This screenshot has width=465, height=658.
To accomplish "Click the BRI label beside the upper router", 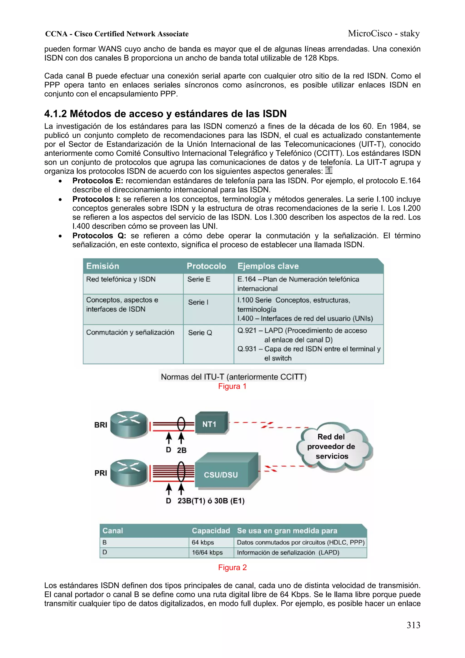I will point(101,425).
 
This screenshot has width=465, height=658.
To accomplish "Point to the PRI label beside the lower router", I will point(101,473).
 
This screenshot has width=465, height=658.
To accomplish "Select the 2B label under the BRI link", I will point(182,450).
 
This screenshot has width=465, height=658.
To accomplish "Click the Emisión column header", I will point(103,266).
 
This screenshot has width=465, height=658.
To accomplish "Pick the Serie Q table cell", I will point(200,333).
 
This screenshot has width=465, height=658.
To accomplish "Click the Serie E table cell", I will point(199,279).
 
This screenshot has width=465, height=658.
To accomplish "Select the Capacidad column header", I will point(211,531).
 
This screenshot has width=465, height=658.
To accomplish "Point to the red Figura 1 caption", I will point(232,386).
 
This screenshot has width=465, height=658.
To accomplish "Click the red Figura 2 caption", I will point(232,567).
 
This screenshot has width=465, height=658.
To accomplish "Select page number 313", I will point(413,625).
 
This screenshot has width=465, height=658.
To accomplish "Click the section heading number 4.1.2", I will point(55,114).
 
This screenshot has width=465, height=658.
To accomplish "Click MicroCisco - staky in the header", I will point(384,34).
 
